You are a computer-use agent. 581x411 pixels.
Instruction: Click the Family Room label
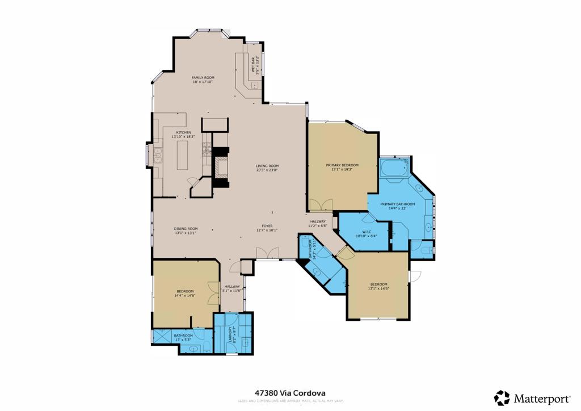(x=203, y=77)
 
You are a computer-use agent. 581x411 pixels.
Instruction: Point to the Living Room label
(x=267, y=166)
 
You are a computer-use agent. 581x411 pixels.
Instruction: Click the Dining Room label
(x=186, y=228)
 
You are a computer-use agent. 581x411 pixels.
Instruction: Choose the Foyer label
(x=267, y=225)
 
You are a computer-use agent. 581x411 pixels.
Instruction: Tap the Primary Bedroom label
(x=342, y=165)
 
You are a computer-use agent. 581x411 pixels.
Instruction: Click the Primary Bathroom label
(x=397, y=204)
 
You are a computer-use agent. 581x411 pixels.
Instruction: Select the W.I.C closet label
(x=366, y=231)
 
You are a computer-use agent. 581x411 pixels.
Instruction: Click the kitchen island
(x=183, y=155)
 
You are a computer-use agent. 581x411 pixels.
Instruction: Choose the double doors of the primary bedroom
(x=321, y=205)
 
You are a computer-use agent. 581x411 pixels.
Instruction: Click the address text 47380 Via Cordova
(x=290, y=392)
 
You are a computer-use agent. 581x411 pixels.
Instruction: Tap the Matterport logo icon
(x=502, y=397)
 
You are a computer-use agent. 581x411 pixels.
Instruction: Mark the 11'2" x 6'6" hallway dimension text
(x=318, y=225)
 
